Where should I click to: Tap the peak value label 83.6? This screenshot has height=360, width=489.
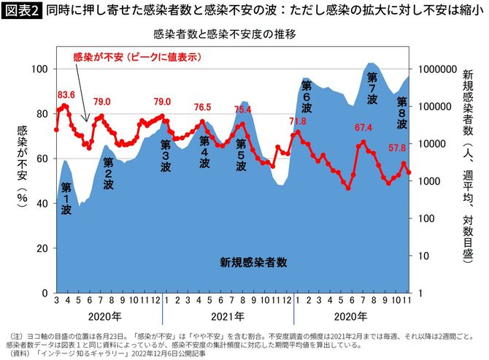point(66,94)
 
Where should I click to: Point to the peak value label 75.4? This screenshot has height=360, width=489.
point(242,110)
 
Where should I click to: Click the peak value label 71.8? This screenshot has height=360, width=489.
point(297,121)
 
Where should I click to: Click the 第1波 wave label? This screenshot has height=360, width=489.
point(66,198)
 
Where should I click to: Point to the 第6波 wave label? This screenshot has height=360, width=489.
point(306,96)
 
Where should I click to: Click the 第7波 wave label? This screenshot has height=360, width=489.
point(372,87)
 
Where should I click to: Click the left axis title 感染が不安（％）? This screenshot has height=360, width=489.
point(23,164)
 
